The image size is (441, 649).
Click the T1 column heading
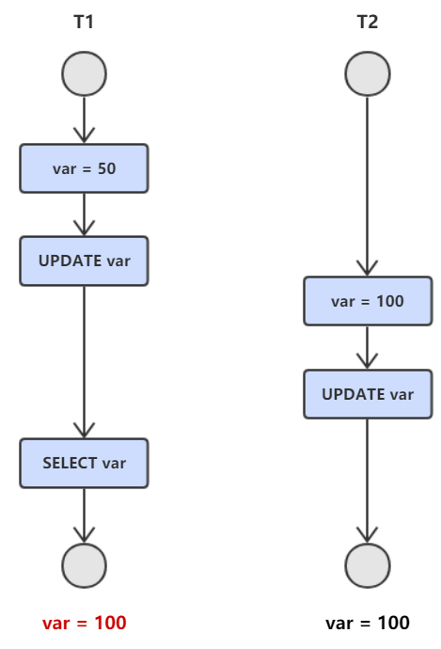point(84,22)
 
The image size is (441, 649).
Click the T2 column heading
point(368,22)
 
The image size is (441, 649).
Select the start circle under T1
point(84,74)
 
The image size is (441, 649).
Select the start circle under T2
point(368,74)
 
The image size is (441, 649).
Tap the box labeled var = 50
point(84,168)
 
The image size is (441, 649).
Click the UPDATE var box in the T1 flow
point(84,261)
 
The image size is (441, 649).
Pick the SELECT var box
point(84,463)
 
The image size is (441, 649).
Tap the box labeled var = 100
point(368,301)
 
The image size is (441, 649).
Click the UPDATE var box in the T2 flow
point(368,394)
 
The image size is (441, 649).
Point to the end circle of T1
point(84,566)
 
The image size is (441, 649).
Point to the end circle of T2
point(368,566)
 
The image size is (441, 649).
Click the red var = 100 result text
point(84,623)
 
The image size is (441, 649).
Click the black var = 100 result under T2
point(368,623)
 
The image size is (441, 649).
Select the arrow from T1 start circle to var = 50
point(84,120)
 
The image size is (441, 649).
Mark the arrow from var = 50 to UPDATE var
point(84,214)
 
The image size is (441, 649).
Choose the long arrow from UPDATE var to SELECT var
point(84,362)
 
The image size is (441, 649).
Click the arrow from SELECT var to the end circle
point(84,515)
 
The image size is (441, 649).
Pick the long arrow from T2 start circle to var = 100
point(368,186)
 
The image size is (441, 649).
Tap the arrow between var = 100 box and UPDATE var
point(368,347)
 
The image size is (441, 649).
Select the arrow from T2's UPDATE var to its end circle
point(368,481)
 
